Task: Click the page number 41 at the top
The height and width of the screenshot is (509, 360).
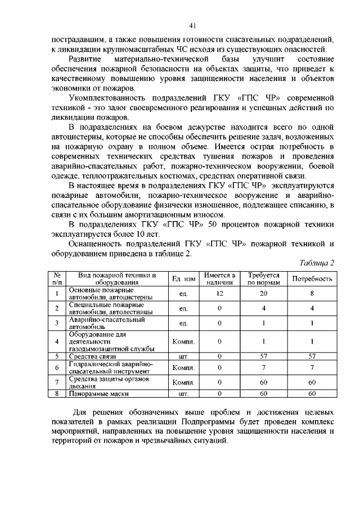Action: [192, 25]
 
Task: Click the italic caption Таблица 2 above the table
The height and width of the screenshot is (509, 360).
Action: [317, 263]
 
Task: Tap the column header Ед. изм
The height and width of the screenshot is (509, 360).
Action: [183, 279]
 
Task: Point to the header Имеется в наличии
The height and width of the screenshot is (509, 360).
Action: [219, 278]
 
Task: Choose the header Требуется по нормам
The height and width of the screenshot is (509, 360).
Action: [263, 278]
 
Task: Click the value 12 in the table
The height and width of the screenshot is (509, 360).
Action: [219, 293]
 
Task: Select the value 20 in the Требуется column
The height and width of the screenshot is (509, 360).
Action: [263, 293]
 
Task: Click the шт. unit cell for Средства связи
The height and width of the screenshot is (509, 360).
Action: [183, 357]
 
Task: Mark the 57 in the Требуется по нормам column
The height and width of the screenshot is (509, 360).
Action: [263, 357]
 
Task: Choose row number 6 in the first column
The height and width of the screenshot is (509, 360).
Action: [57, 368]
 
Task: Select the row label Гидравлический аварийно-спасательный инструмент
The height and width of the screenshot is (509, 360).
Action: [110, 368]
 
